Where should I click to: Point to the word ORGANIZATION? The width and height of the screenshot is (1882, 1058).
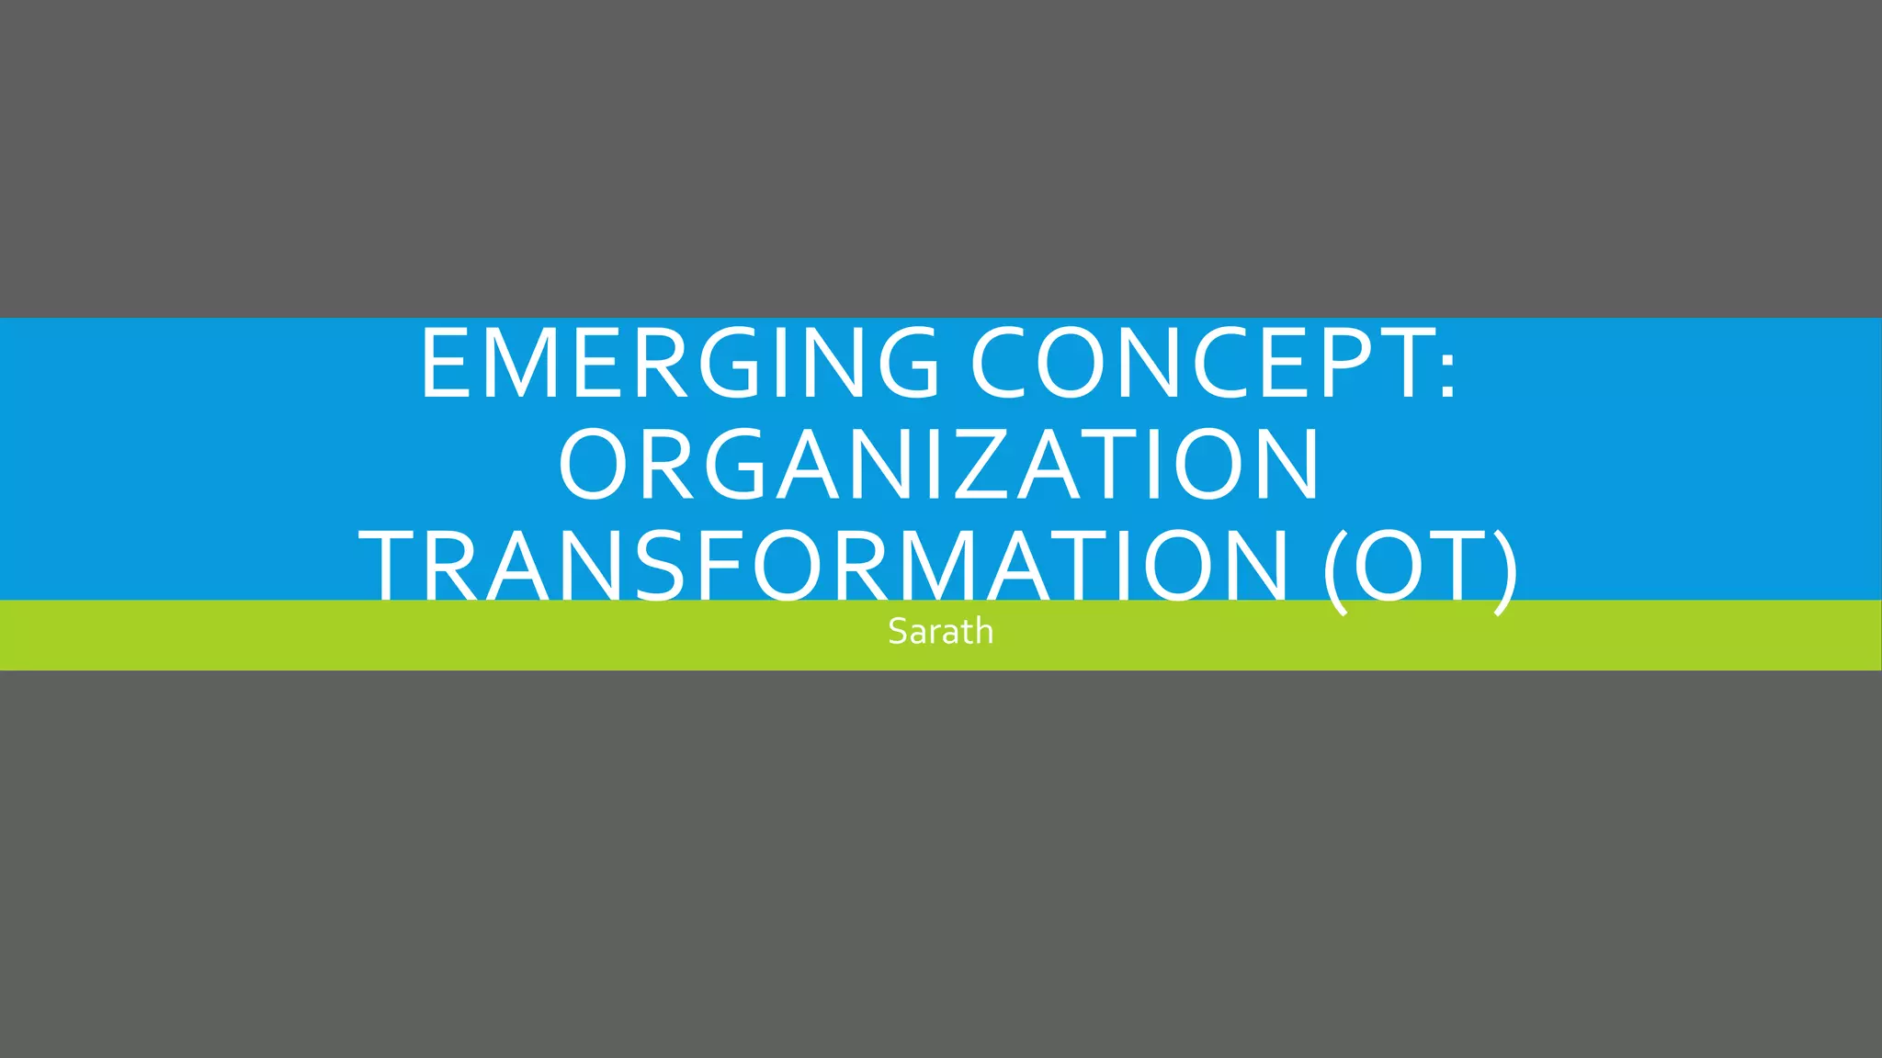(939, 465)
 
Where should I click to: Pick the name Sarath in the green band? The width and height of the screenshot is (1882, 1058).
(940, 632)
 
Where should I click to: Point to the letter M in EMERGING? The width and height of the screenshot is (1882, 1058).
(537, 364)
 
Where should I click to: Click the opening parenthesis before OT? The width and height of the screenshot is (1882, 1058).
(1335, 569)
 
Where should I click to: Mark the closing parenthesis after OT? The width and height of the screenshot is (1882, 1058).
(1505, 569)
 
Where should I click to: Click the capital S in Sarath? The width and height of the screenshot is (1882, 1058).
(897, 632)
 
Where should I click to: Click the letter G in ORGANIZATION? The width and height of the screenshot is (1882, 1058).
(734, 465)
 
